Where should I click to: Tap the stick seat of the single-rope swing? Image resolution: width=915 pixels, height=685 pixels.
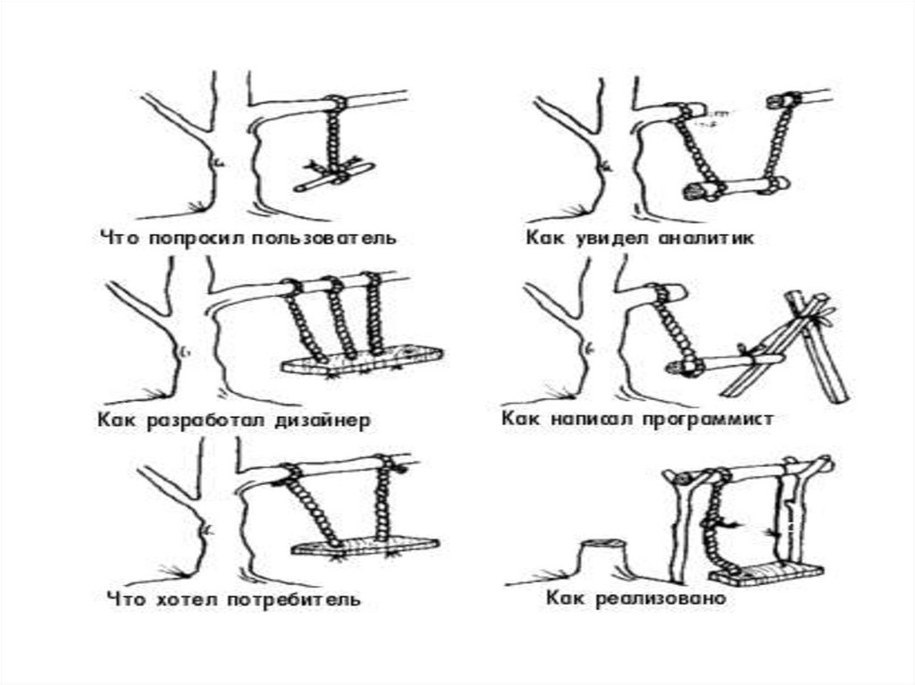332,177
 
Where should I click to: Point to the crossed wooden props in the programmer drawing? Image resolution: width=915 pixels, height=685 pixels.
809,348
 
